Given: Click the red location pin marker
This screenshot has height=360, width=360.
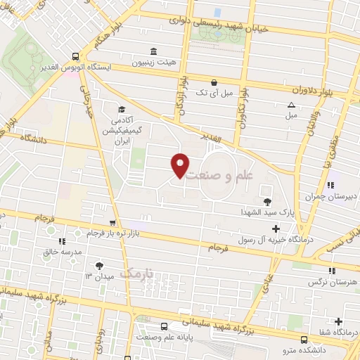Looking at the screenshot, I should pos(180,165).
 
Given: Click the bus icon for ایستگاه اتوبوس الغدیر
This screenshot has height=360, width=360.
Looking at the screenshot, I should pos(76,56).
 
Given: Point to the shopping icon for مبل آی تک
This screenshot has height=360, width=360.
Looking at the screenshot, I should pos(214,82).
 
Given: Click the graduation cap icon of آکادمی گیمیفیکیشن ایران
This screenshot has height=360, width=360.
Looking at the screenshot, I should pos(121,109).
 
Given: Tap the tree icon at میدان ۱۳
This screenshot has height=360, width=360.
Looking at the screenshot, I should pos(98,266).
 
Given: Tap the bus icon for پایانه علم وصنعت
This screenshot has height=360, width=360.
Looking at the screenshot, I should pos(163,326).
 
